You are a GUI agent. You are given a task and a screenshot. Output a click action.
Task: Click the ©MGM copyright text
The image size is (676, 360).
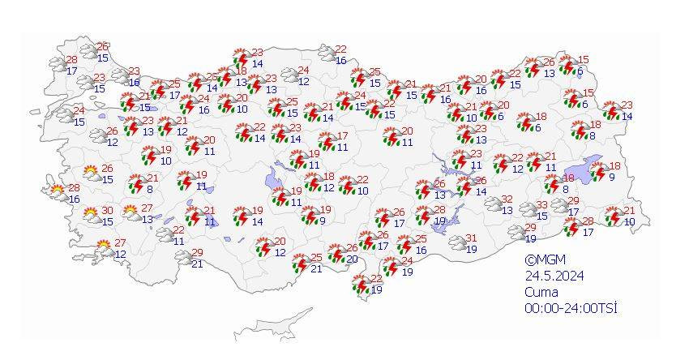[543, 261]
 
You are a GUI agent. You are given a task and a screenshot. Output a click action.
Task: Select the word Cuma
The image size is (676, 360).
[539, 292]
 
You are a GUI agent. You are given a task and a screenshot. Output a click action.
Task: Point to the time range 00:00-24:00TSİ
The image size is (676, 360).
[571, 308]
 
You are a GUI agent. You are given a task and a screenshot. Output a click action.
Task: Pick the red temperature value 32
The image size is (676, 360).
[507, 199]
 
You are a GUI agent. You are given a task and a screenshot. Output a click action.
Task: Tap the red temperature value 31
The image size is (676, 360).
[470, 238]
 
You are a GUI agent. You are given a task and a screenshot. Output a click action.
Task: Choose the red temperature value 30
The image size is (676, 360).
[107, 211]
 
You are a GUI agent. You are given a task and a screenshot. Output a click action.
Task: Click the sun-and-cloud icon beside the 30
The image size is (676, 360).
[92, 216]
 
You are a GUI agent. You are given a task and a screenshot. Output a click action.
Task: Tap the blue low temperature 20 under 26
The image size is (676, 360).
[352, 259]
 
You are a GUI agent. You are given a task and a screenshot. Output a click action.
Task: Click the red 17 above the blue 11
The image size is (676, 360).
[342, 136]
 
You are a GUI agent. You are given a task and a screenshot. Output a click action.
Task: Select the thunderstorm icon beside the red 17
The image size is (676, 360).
[327, 142]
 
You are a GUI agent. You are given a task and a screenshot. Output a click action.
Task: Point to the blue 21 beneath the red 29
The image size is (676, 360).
[197, 264]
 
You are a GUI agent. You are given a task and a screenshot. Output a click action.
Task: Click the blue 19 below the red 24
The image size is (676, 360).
[408, 272]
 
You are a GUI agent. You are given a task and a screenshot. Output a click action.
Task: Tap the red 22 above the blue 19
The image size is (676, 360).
[376, 279]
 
